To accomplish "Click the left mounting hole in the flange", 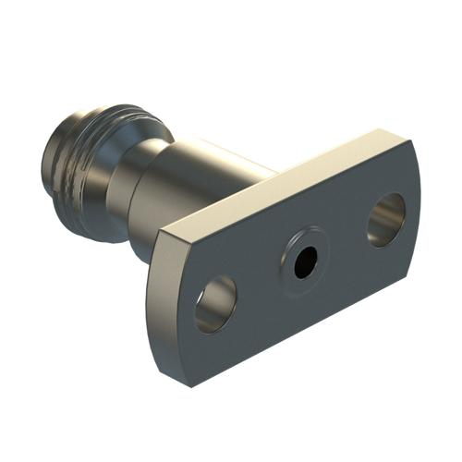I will coord(216,304).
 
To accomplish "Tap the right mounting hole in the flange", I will coord(386,219).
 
